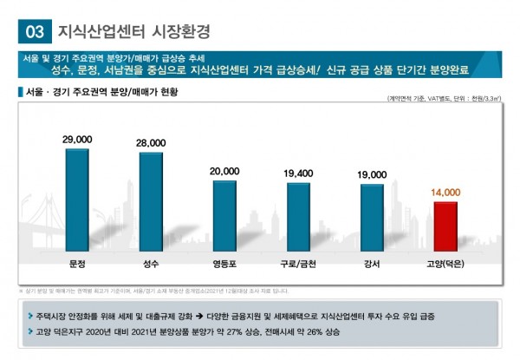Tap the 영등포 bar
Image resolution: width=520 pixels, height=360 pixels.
[x=224, y=216]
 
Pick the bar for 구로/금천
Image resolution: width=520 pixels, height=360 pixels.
[x=298, y=217]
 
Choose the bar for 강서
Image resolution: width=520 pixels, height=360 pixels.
[x=372, y=218]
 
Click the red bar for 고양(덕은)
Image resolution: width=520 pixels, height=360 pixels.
[x=445, y=226]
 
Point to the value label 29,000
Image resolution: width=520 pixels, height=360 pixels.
[x=77, y=139]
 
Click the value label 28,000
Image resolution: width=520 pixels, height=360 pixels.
[x=151, y=142]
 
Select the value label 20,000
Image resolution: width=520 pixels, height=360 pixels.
[x=224, y=171]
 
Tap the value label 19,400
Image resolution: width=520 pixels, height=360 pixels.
[x=298, y=173]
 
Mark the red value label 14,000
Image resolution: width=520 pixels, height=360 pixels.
[x=445, y=192]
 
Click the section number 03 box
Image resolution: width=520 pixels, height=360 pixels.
[x=35, y=32]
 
